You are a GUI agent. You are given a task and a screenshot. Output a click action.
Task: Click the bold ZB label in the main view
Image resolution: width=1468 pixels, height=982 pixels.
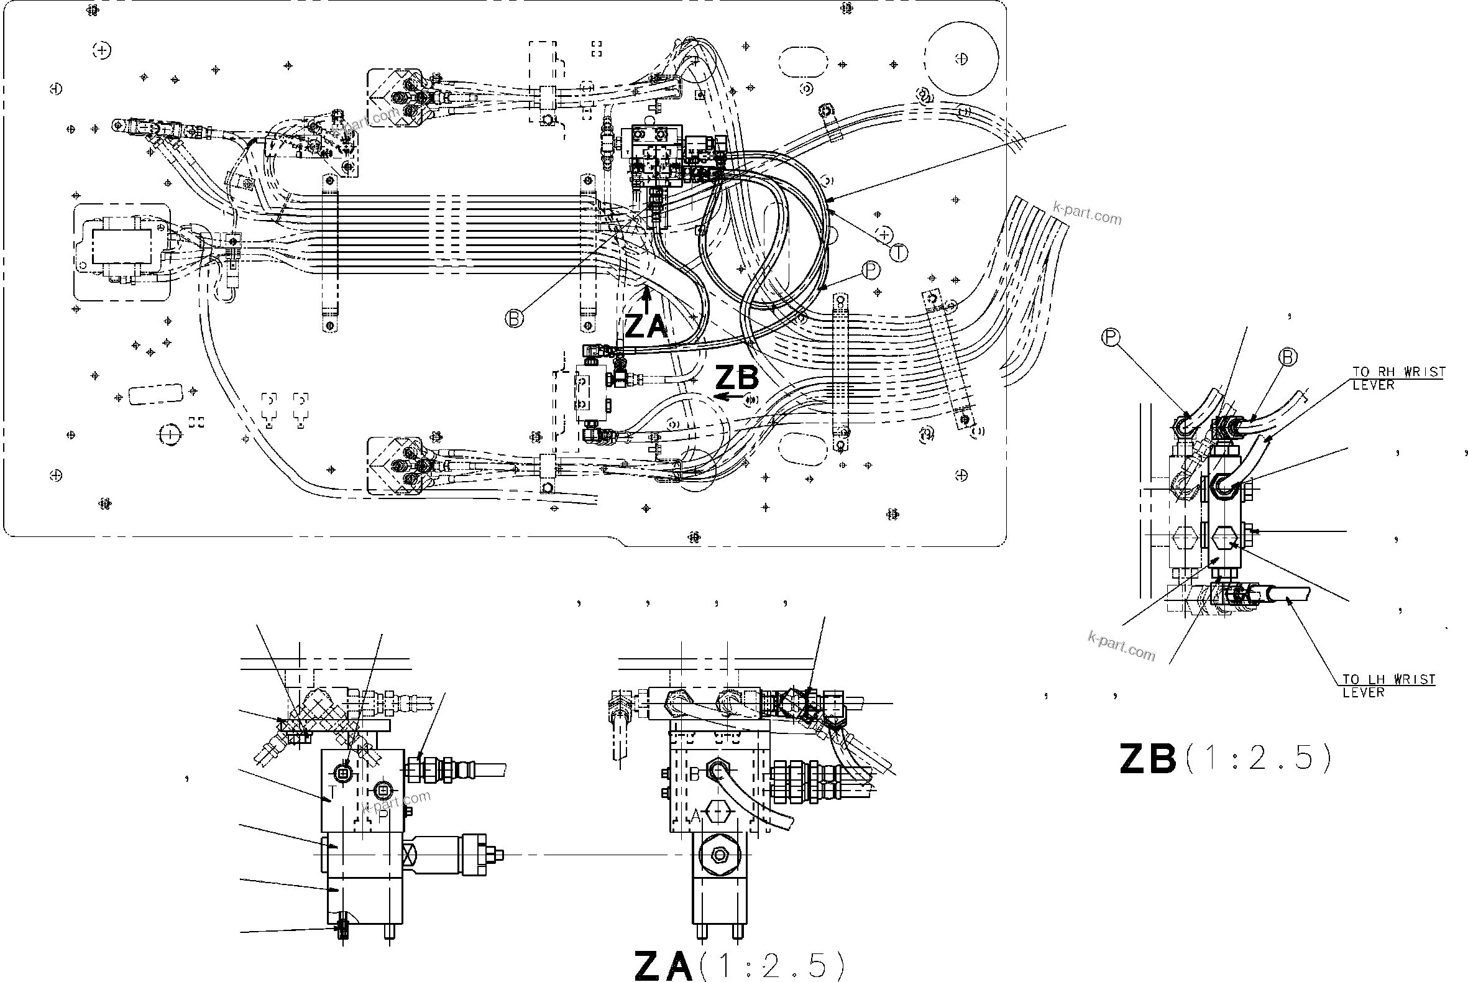(x=737, y=378)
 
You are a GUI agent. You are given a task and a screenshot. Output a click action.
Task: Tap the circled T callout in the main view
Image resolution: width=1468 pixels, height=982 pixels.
(x=899, y=252)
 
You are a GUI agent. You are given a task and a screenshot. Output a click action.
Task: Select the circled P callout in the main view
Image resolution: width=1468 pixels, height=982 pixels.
(x=871, y=270)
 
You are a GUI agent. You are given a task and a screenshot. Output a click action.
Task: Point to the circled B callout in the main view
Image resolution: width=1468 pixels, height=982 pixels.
(x=513, y=319)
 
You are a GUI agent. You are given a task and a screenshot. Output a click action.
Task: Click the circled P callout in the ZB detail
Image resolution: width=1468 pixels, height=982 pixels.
(x=1110, y=337)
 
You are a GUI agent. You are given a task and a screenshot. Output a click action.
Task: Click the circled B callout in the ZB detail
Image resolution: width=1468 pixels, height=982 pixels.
(x=1288, y=357)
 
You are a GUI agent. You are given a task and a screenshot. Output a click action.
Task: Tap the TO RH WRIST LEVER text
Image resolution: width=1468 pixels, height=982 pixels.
(x=1398, y=379)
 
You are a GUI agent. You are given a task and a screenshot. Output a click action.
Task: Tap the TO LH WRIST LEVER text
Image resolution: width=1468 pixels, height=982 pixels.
(x=1388, y=686)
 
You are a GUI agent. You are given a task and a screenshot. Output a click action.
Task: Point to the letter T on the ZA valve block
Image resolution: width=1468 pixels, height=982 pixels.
(x=332, y=791)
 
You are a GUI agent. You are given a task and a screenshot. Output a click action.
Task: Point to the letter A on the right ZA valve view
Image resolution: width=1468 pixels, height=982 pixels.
(x=695, y=815)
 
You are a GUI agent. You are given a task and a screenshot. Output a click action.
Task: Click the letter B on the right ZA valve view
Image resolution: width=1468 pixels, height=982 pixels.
(x=694, y=774)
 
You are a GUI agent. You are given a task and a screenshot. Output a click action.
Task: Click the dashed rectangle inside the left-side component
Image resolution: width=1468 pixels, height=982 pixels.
(x=121, y=246)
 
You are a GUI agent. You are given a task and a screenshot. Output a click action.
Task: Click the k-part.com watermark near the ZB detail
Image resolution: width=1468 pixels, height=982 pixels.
(x=1121, y=646)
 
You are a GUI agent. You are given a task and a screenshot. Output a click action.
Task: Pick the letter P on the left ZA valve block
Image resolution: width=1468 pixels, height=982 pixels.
(x=383, y=815)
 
